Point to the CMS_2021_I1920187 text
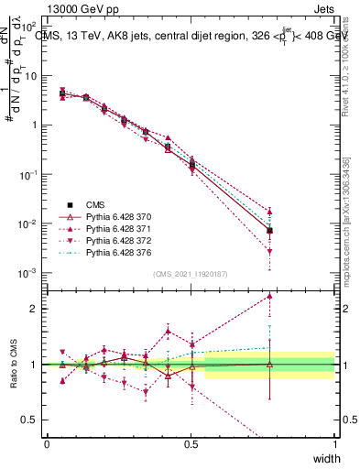coord(190,274)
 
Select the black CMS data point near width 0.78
coord(269,231)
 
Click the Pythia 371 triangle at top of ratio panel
coord(269,296)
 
